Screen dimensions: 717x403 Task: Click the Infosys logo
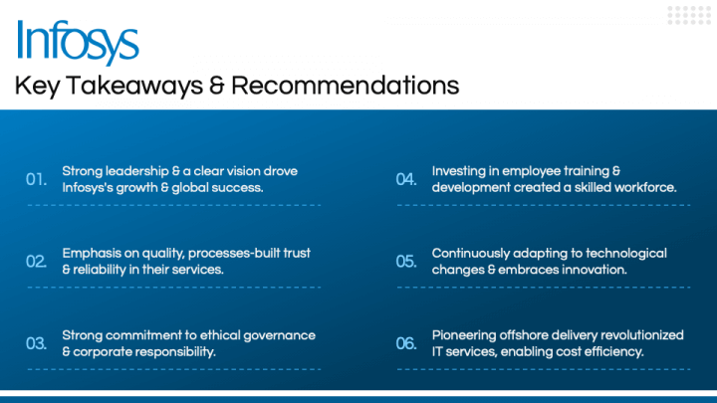click(78, 42)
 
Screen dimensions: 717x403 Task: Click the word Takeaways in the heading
click(134, 86)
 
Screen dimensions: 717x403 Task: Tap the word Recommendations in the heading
click(346, 86)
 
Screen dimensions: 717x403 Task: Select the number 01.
click(37, 179)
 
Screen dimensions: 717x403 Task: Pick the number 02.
click(37, 262)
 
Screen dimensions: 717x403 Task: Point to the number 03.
click(37, 343)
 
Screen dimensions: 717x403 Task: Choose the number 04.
click(406, 179)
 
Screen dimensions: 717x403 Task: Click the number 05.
click(406, 262)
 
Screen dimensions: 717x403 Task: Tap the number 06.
click(406, 343)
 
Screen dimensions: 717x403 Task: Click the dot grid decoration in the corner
click(689, 16)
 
